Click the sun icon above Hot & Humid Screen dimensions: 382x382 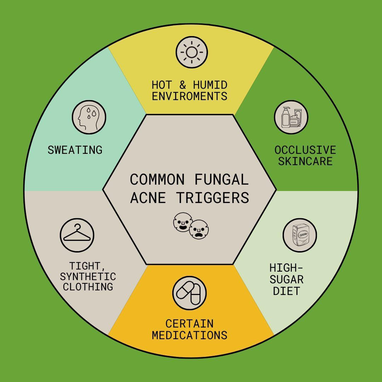pos(192,52)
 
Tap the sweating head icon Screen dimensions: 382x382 pos(89,117)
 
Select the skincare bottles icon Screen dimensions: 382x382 pos(291,117)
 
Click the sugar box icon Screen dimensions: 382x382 pos(300,235)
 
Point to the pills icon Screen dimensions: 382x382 pos(190,293)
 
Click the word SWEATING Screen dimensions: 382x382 pos(75,150)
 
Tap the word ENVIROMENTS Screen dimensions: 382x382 pos(190,96)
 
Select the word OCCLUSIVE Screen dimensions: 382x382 pos(305,150)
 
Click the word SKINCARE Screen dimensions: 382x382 pos(305,161)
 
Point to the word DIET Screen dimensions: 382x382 pos(286,291)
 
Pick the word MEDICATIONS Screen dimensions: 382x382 pos(190,335)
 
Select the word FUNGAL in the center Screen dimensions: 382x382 pos(222,180)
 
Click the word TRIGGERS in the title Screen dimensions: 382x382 pos(213,198)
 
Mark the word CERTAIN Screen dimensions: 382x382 pos(190,323)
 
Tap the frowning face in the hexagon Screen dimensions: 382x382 pos(198,230)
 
